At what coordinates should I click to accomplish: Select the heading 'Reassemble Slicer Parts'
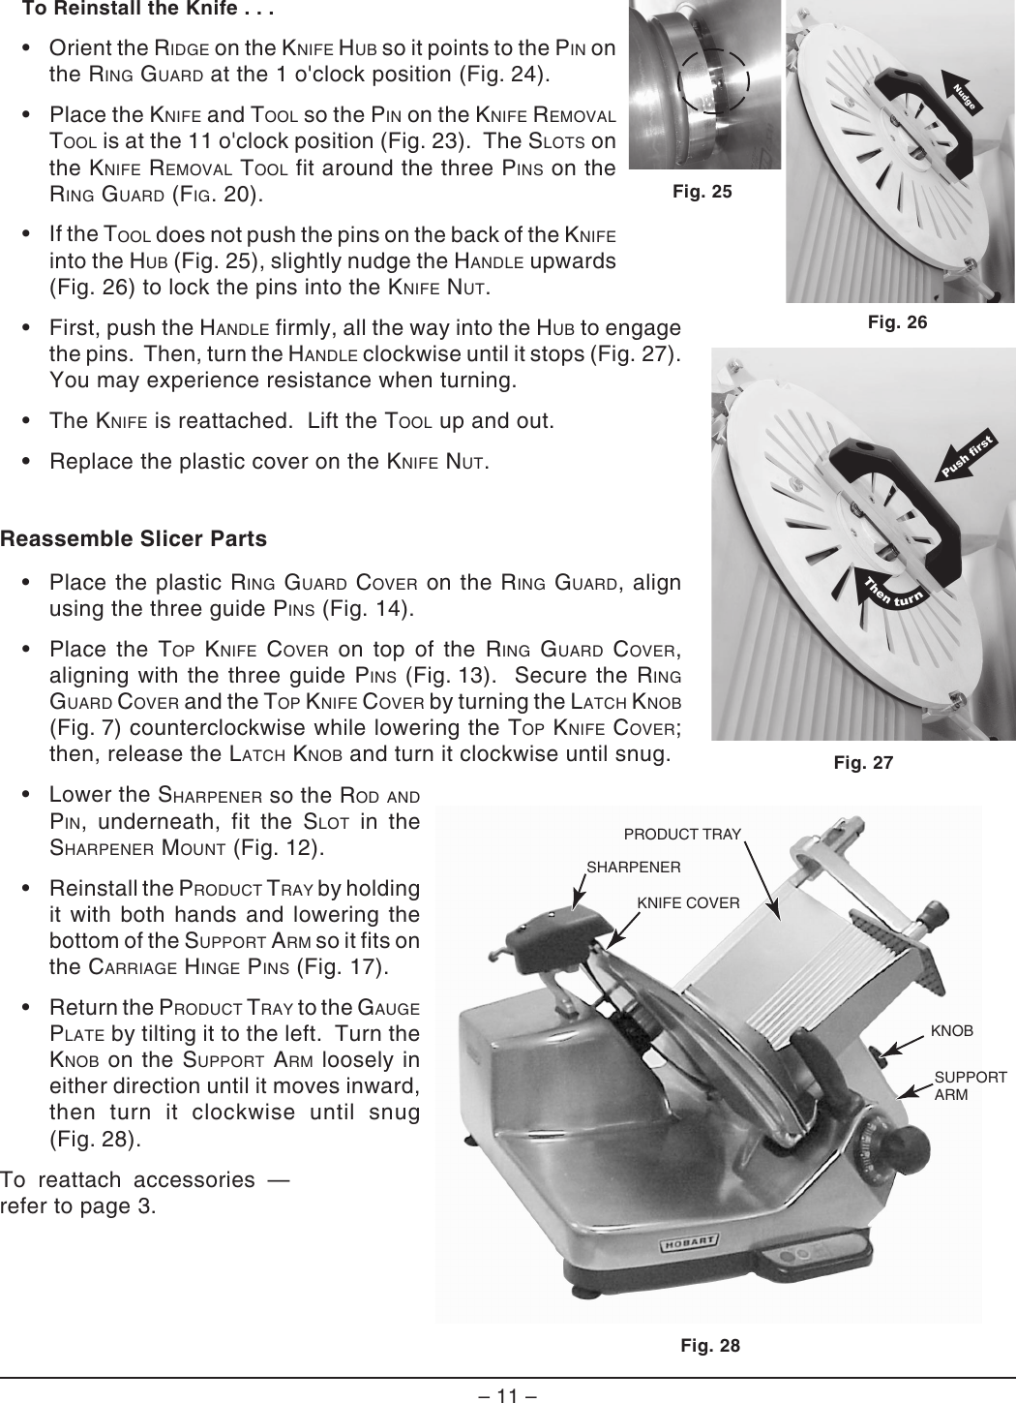[134, 538]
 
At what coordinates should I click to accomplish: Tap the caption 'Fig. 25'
[702, 192]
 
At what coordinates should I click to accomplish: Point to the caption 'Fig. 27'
[863, 763]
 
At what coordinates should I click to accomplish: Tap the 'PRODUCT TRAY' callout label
[682, 834]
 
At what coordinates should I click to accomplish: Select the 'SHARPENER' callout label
[634, 867]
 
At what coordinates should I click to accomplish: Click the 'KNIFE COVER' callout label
[688, 903]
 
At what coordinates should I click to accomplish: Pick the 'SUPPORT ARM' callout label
[970, 1085]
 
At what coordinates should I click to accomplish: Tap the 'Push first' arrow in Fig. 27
[971, 457]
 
